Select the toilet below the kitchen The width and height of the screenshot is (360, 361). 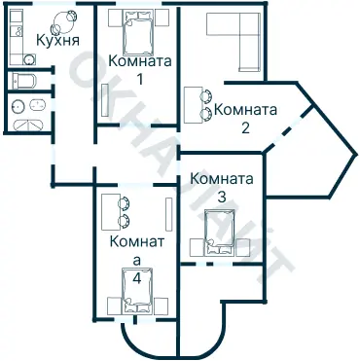click(23, 81)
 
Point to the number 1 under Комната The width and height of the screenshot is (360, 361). click(140, 78)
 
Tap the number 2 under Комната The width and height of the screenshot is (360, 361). click(245, 126)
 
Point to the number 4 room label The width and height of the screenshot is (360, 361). click(136, 277)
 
